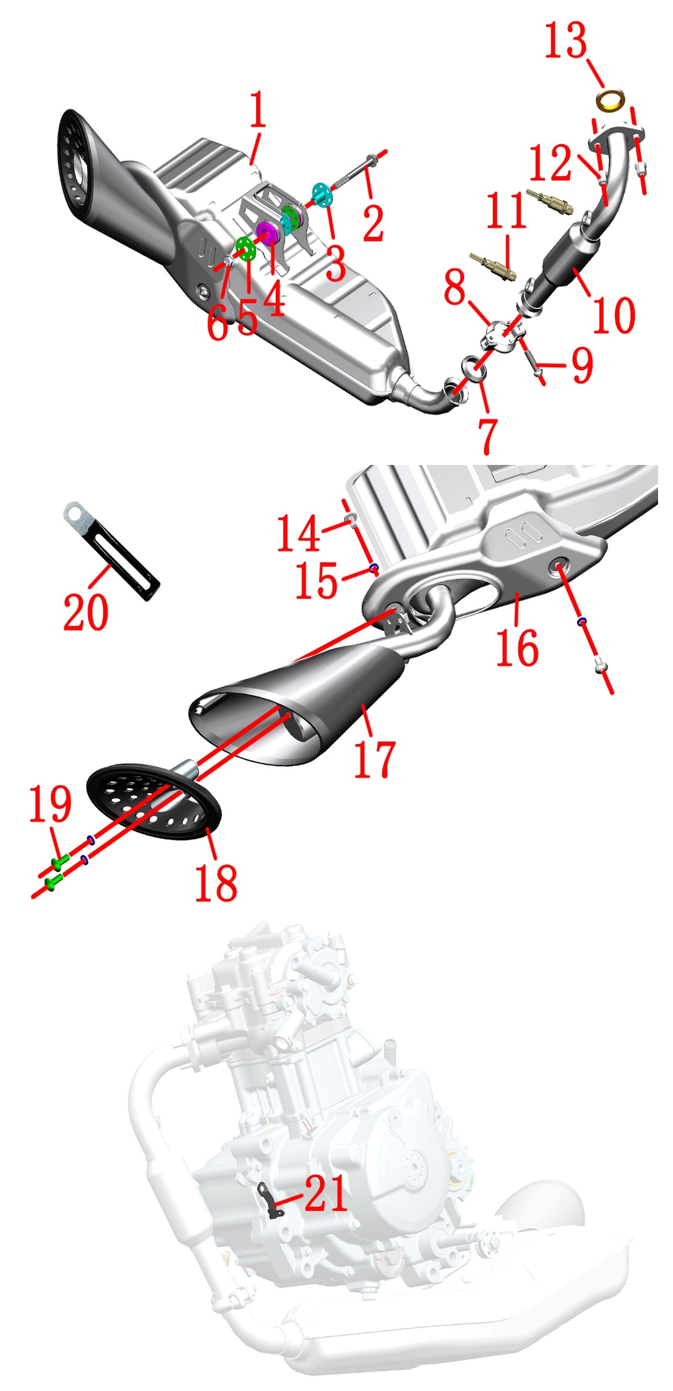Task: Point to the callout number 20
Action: [x=86, y=612]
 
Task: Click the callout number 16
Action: [x=517, y=647]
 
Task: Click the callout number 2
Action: [x=373, y=222]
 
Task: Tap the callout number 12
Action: [x=550, y=162]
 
